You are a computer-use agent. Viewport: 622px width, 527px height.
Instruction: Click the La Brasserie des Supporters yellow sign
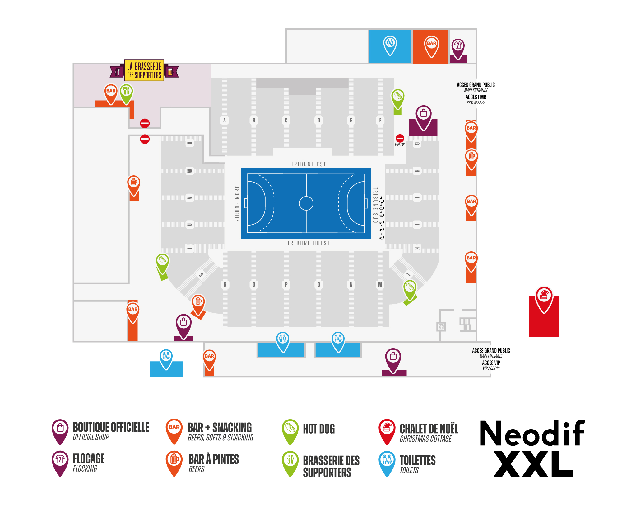tap(144, 70)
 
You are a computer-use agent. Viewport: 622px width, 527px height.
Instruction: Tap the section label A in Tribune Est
tap(224, 120)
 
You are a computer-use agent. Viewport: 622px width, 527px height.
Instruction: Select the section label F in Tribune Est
tap(380, 120)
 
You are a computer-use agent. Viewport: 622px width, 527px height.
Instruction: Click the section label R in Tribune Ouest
tap(225, 284)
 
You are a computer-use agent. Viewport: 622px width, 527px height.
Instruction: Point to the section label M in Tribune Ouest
tap(380, 284)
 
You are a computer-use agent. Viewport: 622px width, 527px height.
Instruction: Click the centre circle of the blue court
tap(306, 203)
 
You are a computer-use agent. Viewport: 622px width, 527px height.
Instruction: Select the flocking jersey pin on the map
tap(458, 47)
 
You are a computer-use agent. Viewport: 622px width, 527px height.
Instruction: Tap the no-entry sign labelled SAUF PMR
tap(400, 138)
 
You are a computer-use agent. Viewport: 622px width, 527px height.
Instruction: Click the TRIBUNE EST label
tap(308, 164)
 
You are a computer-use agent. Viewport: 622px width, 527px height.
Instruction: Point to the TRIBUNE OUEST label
tap(308, 243)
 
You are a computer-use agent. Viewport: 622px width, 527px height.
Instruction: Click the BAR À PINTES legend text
tap(214, 459)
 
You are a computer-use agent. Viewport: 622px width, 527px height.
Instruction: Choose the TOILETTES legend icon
tap(387, 461)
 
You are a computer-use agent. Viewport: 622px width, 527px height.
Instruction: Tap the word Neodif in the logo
tap(532, 433)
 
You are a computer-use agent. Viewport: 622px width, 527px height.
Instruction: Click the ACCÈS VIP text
tap(491, 363)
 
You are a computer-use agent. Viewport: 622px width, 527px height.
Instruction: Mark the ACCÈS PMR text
tap(476, 97)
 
